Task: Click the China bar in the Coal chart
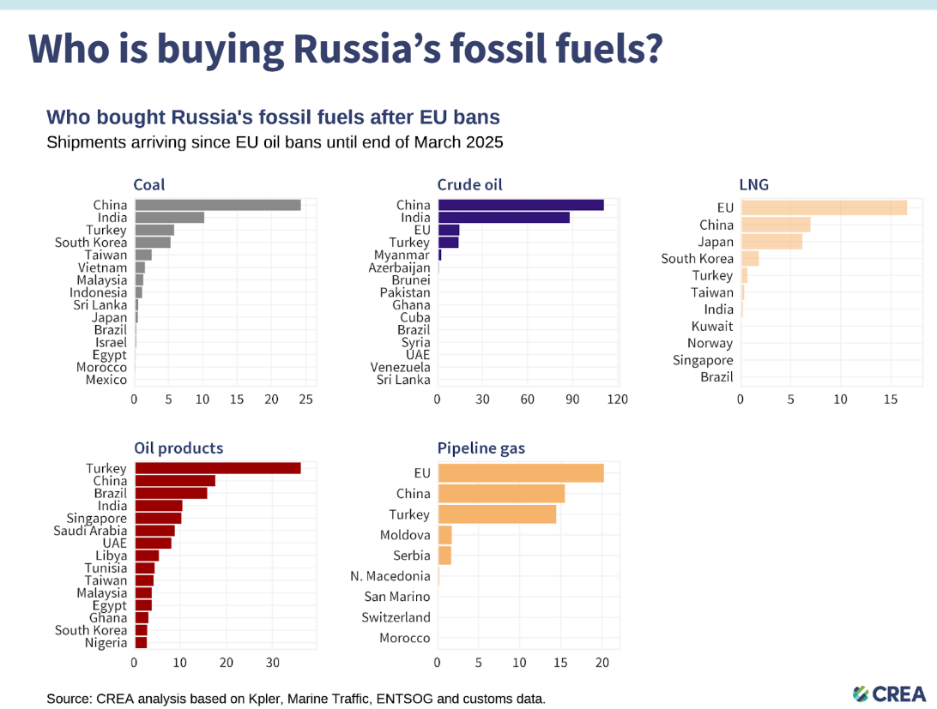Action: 218,205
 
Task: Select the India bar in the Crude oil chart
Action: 504,218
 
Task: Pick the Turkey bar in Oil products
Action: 218,468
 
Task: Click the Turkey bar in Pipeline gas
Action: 497,514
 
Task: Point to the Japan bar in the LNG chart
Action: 771,242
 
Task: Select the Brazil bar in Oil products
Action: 171,493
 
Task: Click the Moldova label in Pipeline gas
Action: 405,535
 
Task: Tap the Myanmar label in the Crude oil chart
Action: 402,255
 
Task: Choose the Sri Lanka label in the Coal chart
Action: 100,305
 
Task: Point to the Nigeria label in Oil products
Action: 106,643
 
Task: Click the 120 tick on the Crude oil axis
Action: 618,400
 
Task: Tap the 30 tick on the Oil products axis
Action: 272,663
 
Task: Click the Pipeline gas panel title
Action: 481,448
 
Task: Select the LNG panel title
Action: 753,185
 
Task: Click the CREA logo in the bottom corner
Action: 889,694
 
